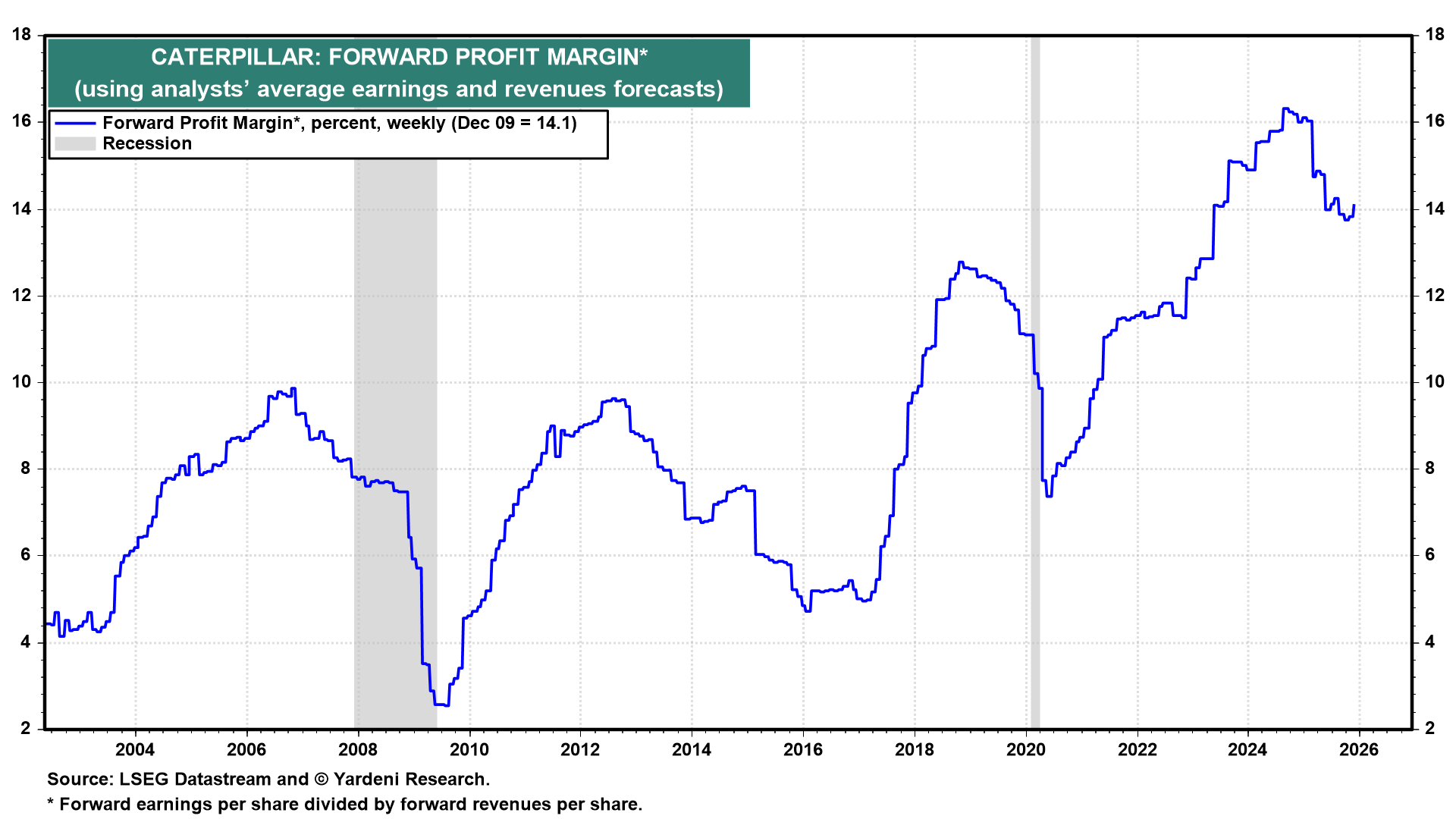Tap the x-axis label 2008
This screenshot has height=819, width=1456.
(358, 750)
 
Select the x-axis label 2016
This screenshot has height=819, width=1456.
(803, 750)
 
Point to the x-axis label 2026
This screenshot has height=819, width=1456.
(1359, 750)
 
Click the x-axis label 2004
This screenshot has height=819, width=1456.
(135, 750)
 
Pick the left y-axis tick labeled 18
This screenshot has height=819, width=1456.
(22, 35)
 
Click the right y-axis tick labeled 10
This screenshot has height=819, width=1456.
(1435, 382)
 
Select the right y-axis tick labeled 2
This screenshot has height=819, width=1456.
(1429, 729)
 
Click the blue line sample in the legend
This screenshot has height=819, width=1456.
(75, 124)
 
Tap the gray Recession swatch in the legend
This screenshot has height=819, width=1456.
(75, 144)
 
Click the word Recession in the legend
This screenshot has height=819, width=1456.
(147, 144)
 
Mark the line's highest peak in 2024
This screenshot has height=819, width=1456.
(1285, 108)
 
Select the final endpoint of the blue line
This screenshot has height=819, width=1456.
(1354, 206)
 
